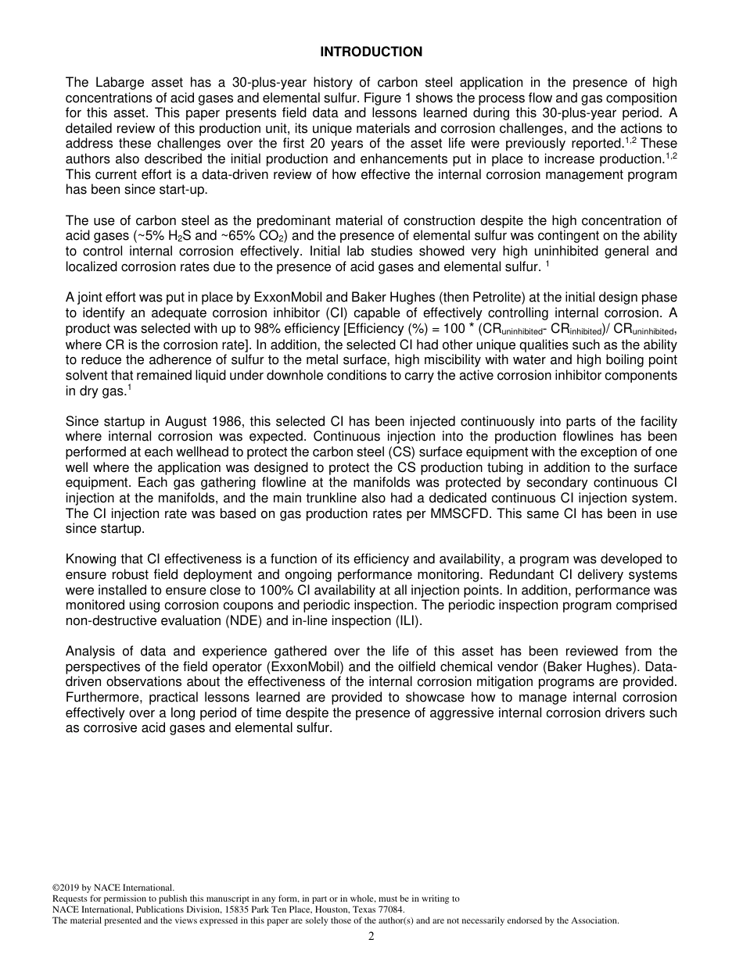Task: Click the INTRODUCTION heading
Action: click(371, 52)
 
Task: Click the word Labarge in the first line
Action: click(116, 83)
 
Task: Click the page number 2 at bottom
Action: click(371, 937)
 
